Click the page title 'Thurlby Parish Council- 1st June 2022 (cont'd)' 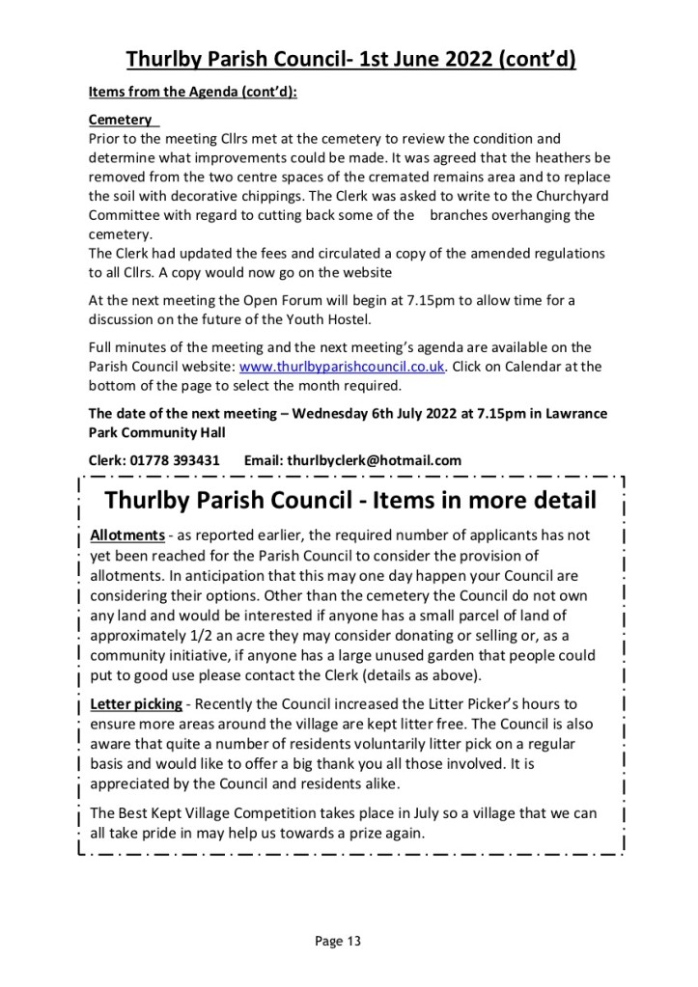tap(351, 60)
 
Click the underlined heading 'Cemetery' tap(121, 120)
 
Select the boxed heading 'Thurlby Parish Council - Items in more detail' tap(349, 502)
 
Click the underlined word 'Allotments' tap(126, 535)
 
